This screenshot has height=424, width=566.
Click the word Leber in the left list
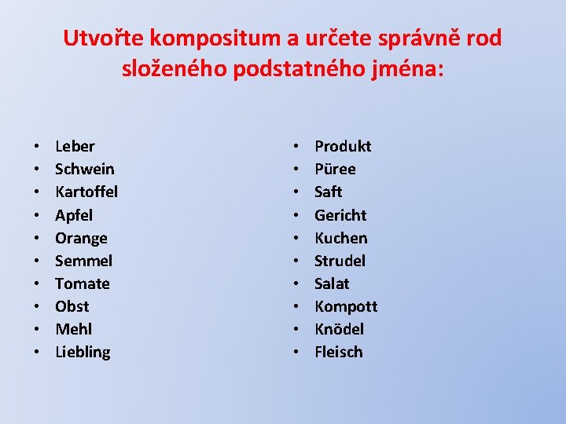click(x=75, y=146)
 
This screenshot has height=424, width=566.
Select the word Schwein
click(x=84, y=169)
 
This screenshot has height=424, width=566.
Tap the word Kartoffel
click(x=86, y=192)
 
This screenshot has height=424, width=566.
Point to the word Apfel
click(x=74, y=215)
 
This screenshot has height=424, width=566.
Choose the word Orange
click(x=81, y=238)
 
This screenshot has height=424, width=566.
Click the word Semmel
click(x=83, y=261)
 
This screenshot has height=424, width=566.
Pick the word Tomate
click(x=83, y=283)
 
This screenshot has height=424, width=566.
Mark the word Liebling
click(x=83, y=352)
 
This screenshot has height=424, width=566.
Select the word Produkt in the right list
click(x=343, y=146)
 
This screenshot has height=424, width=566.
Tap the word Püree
click(x=335, y=169)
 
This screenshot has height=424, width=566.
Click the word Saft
click(x=328, y=192)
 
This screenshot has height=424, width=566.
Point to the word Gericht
click(x=340, y=215)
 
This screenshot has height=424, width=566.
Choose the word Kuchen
click(x=340, y=238)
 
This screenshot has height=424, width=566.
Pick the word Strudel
click(x=340, y=261)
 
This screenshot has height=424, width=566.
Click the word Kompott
click(x=346, y=306)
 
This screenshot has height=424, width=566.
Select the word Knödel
click(x=339, y=329)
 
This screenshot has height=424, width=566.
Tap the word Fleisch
click(x=338, y=352)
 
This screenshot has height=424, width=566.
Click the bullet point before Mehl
click(x=38, y=330)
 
